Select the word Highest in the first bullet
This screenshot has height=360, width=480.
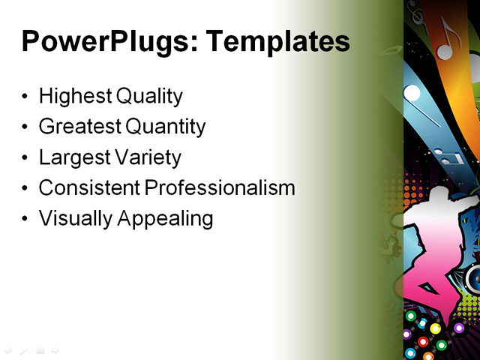(x=71, y=96)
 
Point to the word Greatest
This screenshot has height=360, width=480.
(x=79, y=127)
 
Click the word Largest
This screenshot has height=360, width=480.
(x=72, y=157)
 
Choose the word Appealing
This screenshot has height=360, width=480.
(x=169, y=218)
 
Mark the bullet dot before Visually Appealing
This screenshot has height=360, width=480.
(x=26, y=219)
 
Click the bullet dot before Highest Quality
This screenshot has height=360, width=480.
(x=26, y=97)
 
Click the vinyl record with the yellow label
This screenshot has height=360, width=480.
(x=435, y=328)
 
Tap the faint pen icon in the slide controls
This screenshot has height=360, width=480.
(x=24, y=350)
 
